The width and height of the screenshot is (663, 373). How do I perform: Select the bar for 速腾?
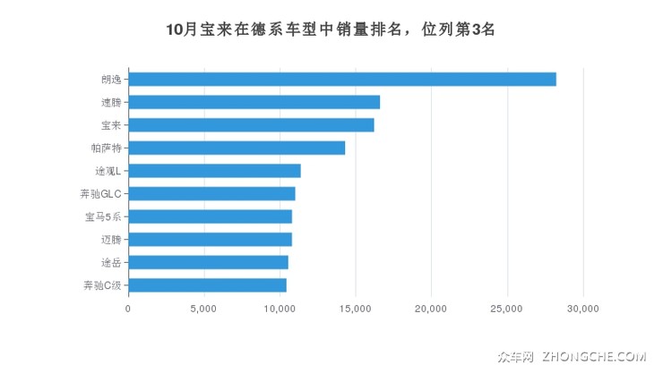[254, 102]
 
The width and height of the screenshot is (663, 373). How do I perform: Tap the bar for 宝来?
[251, 125]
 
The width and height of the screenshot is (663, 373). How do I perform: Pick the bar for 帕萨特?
[237, 148]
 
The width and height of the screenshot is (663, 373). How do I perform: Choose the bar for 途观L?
[214, 171]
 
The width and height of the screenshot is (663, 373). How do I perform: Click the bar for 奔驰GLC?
[211, 193]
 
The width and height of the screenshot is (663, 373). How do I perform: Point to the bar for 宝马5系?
[210, 216]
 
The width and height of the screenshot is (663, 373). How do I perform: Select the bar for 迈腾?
[210, 240]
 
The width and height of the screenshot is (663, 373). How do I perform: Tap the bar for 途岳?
[208, 262]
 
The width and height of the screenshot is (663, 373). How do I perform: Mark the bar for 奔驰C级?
[207, 285]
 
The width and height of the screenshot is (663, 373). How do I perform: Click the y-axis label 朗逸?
[112, 80]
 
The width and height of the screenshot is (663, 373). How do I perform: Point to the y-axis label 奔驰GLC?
[100, 193]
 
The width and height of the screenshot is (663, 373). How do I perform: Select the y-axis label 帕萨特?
[106, 148]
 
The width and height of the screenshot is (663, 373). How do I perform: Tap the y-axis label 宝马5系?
[103, 216]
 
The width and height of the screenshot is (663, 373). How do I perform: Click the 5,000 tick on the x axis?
[203, 309]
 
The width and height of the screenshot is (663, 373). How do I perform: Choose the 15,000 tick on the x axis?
[356, 309]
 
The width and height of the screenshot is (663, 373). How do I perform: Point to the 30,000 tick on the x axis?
[583, 309]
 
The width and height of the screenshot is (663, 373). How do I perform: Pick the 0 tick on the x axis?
[128, 309]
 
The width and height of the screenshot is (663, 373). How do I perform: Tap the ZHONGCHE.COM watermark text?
[593, 356]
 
